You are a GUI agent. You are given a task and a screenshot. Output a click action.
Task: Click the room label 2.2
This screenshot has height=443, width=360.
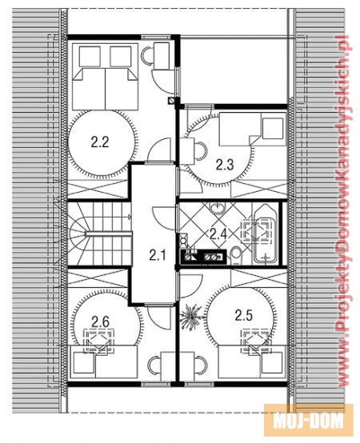100,142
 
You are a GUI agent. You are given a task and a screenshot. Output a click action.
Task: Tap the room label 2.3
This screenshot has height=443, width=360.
225,165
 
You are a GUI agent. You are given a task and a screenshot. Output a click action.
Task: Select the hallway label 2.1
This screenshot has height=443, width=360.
158,255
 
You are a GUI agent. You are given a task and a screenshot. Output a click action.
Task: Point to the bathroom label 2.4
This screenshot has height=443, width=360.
218,234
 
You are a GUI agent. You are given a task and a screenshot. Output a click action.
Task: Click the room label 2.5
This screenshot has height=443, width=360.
244,315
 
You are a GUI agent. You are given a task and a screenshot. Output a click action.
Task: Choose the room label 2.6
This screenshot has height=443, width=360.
100,321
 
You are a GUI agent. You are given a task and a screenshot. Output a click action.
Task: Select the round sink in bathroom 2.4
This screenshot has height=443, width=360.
218,209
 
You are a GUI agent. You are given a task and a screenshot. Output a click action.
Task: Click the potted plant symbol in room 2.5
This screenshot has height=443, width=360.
190,317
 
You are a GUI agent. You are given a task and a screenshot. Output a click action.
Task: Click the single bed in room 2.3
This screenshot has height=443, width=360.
253,129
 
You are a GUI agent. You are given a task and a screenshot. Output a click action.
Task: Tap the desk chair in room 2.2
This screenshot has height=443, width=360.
147,55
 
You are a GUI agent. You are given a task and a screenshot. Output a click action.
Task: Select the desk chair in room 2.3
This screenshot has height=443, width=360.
201,150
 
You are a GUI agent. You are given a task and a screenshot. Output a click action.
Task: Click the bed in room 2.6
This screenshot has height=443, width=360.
103,361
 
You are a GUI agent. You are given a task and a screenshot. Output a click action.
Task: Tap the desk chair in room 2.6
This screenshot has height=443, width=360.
154,365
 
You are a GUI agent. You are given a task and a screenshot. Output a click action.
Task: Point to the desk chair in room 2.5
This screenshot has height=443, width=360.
201,365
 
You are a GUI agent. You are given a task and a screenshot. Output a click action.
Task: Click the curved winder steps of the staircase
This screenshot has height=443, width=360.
79,233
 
